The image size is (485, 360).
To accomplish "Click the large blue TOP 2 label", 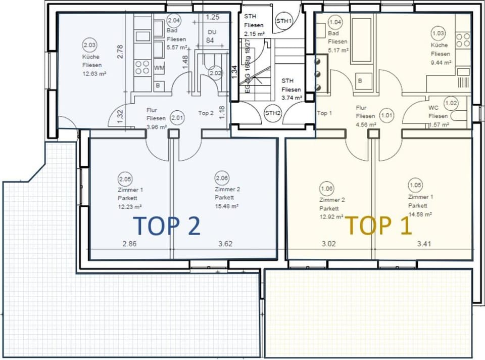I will pos(167,226).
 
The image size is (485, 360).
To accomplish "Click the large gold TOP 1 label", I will pos(378,226).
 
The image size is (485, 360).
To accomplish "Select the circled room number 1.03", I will pos(438,34).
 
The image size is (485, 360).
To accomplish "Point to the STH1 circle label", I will pos(283,21).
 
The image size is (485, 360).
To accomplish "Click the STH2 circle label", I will pos(273,113).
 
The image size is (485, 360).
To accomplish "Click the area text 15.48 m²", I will pos(226,206).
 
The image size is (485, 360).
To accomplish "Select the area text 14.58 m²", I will pos(420,214).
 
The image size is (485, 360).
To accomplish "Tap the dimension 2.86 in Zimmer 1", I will pos(130,244).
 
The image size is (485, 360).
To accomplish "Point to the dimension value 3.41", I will pos(425,244).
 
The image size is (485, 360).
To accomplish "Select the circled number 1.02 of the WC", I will pos(451,104).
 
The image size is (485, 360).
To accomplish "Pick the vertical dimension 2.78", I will pos(120,52).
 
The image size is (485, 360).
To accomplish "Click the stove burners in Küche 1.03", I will pos(462,39).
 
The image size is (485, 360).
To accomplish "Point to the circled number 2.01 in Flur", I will pos(177,117).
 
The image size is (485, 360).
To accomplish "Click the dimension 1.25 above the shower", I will pos(213,17).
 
